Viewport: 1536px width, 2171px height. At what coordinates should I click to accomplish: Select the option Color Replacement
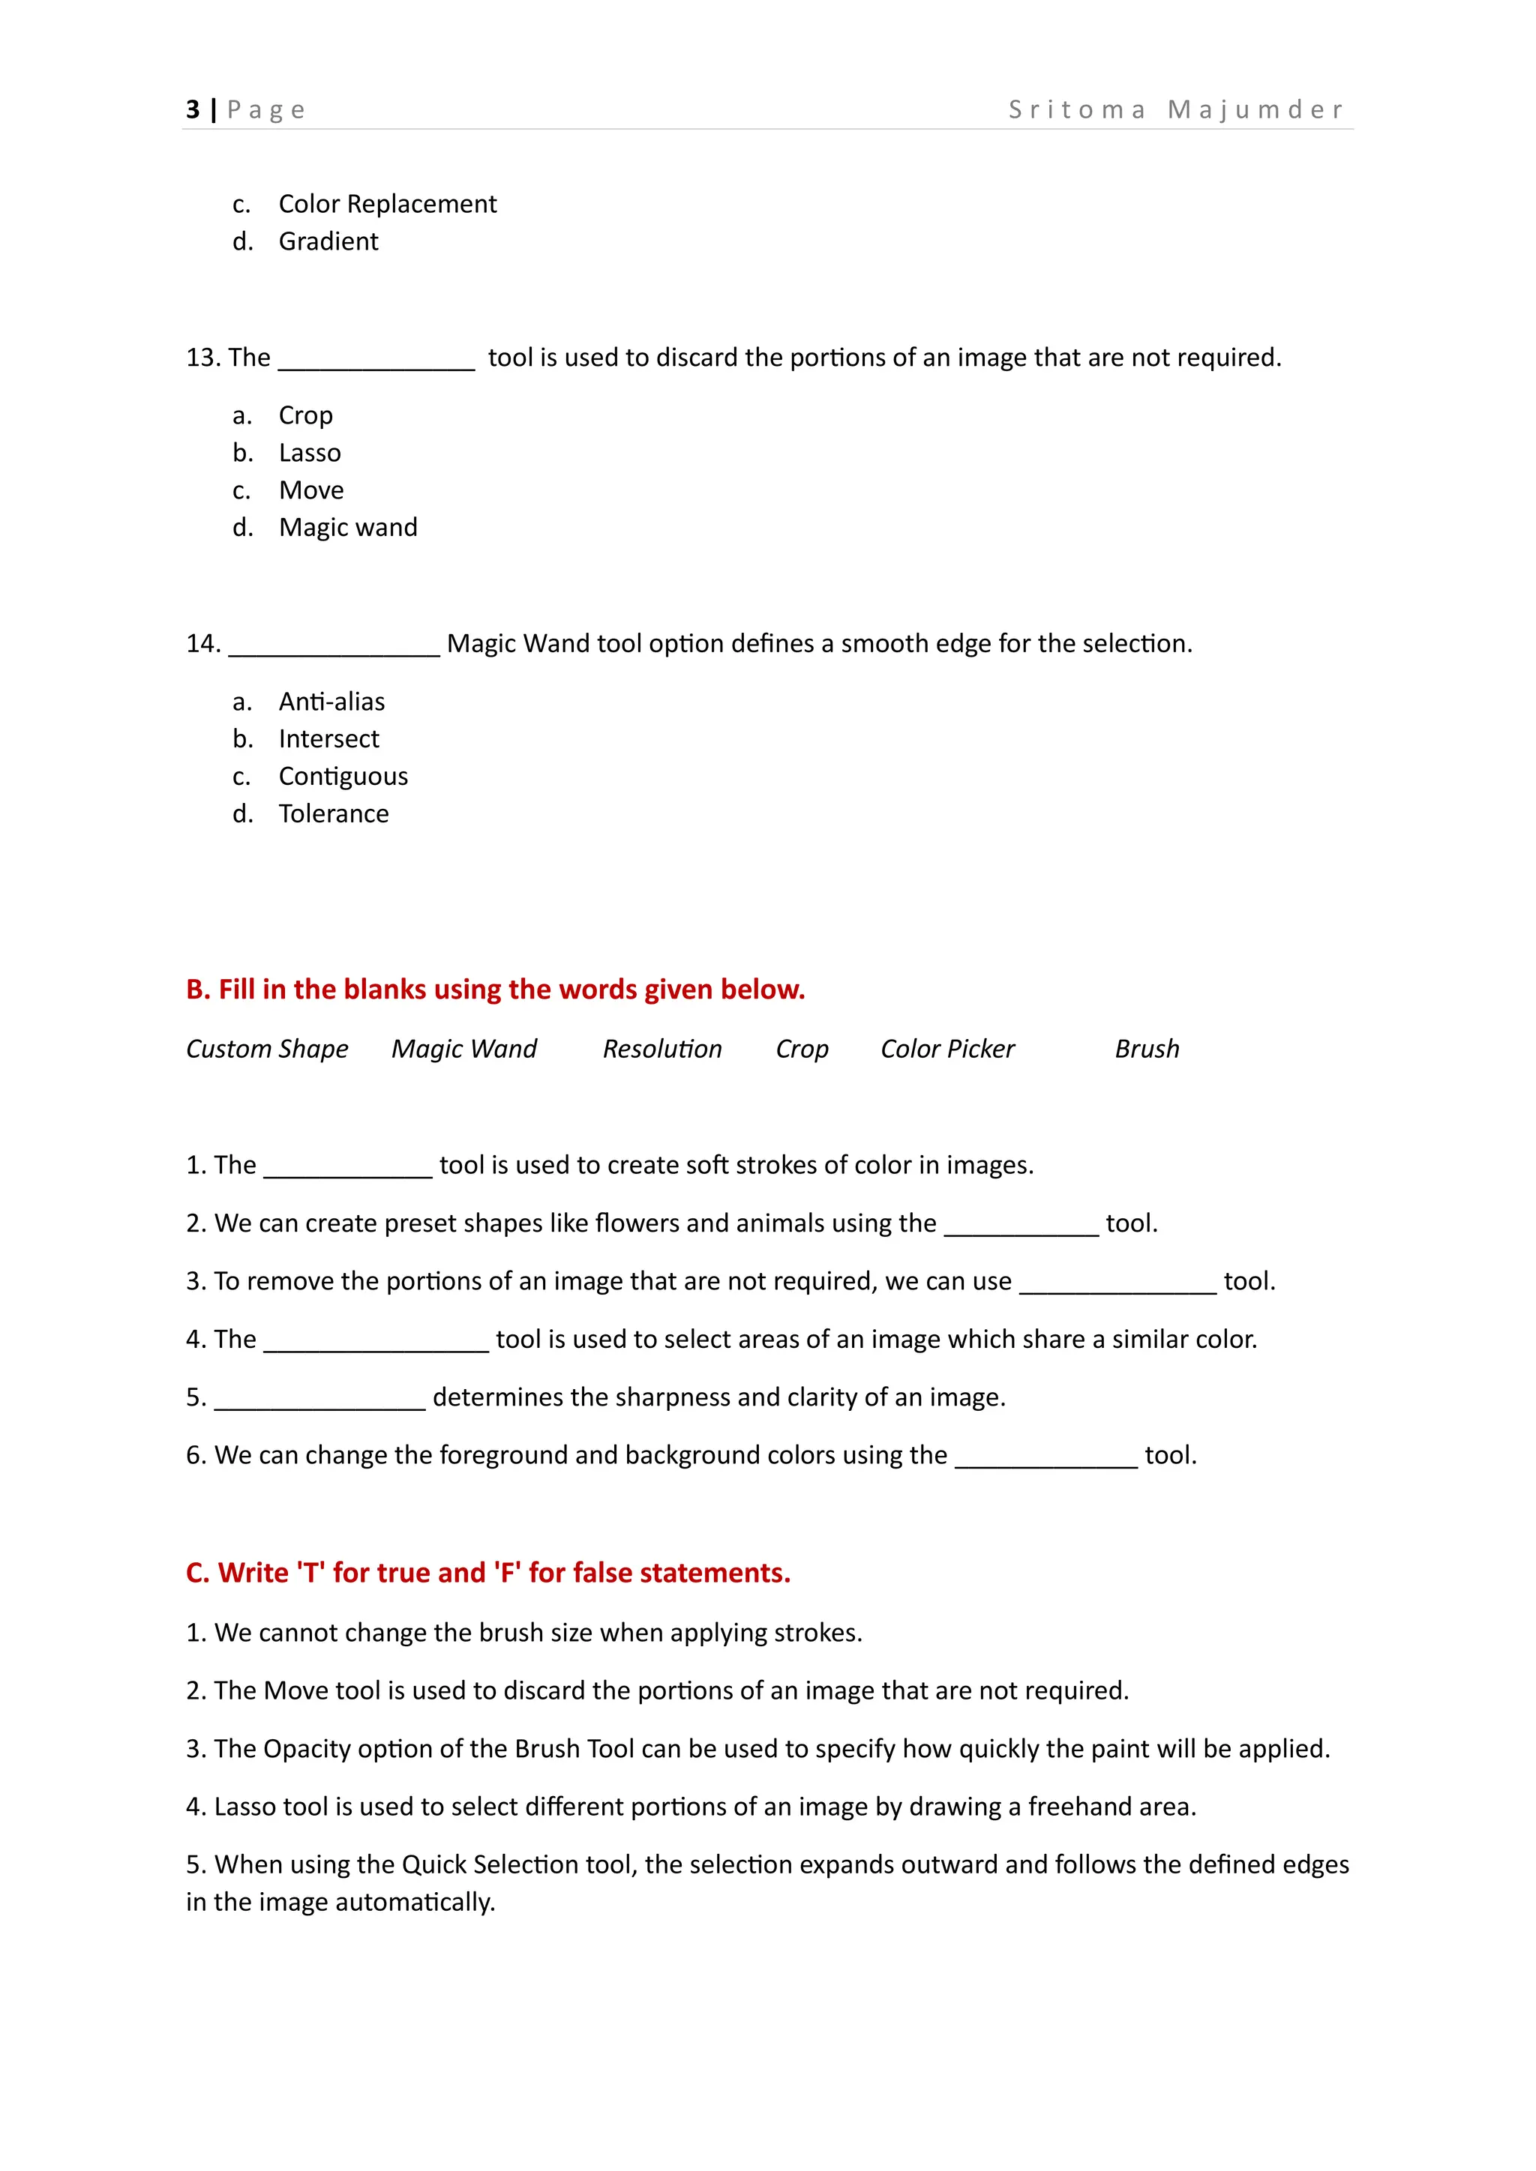pos(387,203)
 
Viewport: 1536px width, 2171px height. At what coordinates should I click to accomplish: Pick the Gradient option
pos(328,241)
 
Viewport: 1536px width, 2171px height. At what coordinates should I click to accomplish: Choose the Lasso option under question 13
pos(309,453)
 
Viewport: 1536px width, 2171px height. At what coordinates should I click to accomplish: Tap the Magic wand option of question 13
pos(347,527)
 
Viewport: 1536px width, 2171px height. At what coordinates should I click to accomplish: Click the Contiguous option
pos(343,777)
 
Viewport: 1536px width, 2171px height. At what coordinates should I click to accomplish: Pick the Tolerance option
pos(333,813)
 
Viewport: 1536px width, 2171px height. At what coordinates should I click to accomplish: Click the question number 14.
pos(202,644)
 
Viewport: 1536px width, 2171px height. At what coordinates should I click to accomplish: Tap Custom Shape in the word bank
pos(267,1049)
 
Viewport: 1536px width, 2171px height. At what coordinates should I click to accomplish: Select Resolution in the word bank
pos(662,1049)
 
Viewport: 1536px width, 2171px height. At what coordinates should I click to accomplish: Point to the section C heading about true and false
pos(488,1573)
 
